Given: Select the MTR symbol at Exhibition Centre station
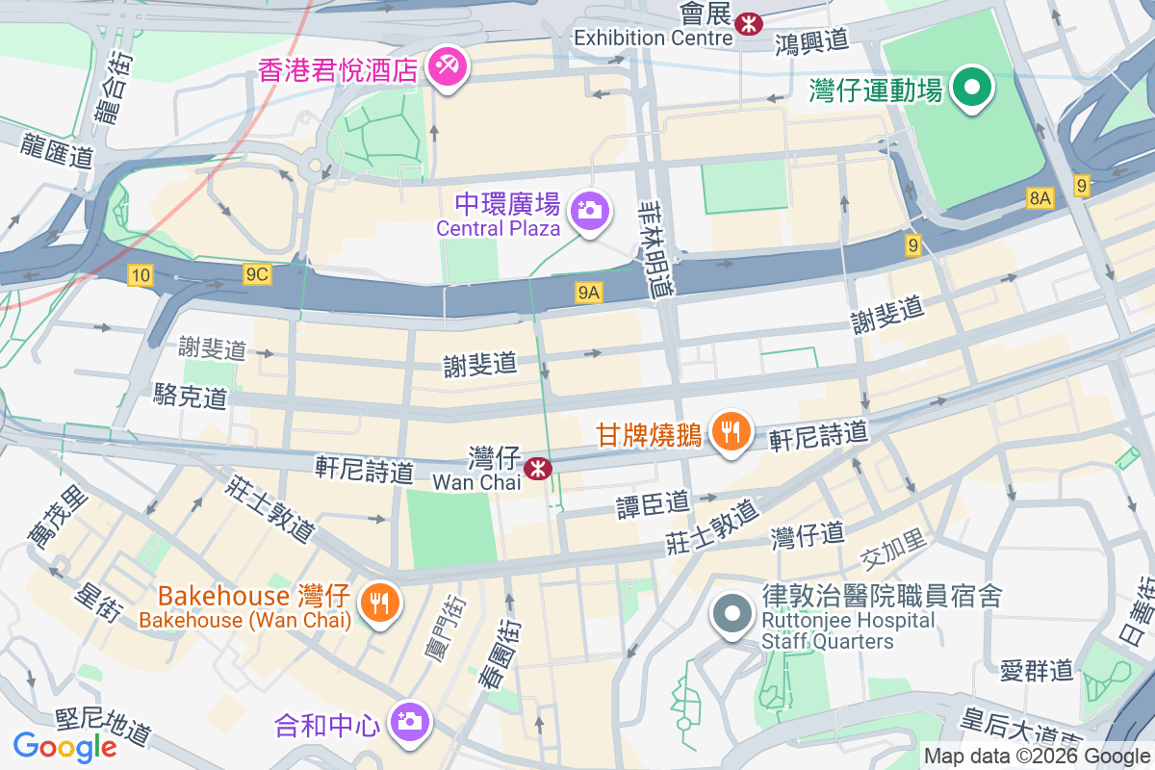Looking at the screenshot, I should (747, 23).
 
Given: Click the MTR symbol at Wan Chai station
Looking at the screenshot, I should (537, 469).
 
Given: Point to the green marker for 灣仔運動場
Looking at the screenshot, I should (972, 89).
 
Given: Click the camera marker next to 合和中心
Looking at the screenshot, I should (409, 721).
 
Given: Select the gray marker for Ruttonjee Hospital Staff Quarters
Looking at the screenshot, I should (731, 612).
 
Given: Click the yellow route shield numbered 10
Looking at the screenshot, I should (141, 276).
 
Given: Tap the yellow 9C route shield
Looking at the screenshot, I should (257, 275).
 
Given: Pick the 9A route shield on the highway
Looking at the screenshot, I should (589, 293).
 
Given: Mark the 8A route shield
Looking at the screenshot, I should (1040, 199).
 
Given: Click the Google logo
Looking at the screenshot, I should (64, 746).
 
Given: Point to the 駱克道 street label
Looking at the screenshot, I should (191, 395).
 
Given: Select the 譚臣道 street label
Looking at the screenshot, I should (654, 502).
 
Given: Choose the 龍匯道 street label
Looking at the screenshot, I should (60, 153).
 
